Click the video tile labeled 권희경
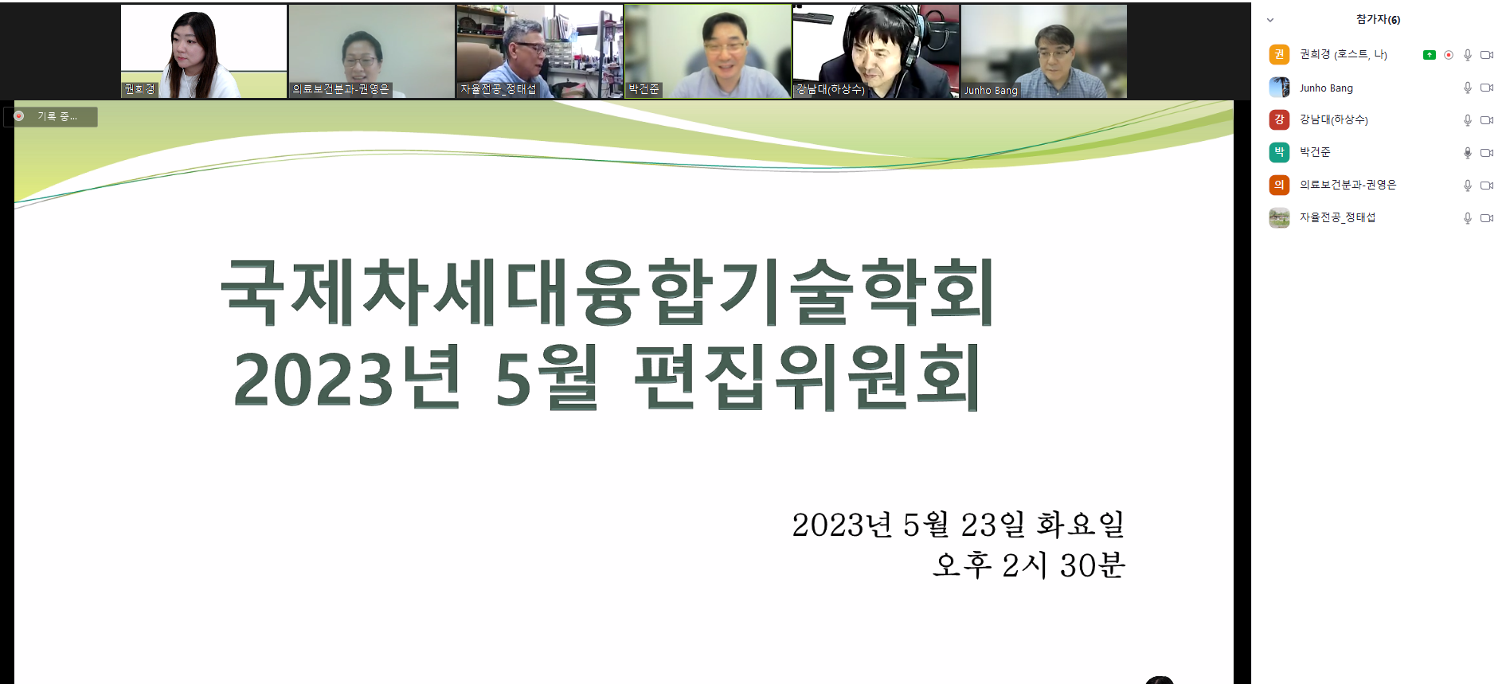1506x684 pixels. pyautogui.click(x=204, y=51)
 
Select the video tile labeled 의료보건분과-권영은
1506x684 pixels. pyautogui.click(x=371, y=51)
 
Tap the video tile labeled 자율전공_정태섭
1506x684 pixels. pyautogui.click(x=539, y=51)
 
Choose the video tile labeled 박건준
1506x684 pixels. pyautogui.click(x=708, y=51)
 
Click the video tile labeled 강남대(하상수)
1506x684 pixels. pyautogui.click(x=876, y=51)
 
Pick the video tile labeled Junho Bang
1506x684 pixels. pyautogui.click(x=1044, y=51)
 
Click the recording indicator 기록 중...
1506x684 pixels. pyautogui.click(x=51, y=116)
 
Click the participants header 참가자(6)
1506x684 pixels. pyautogui.click(x=1378, y=19)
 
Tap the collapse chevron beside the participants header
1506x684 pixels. pyautogui.click(x=1270, y=20)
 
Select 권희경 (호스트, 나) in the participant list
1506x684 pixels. pyautogui.click(x=1344, y=54)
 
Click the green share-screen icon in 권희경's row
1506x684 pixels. pyautogui.click(x=1430, y=55)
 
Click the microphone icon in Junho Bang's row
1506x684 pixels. pyautogui.click(x=1468, y=88)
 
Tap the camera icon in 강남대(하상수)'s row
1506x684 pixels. pyautogui.click(x=1487, y=120)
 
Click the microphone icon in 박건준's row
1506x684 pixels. pyautogui.click(x=1468, y=153)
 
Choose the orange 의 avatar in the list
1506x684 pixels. pyautogui.click(x=1279, y=185)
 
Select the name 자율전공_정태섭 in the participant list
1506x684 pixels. pyautogui.click(x=1338, y=217)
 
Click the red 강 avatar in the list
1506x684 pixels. pyautogui.click(x=1279, y=119)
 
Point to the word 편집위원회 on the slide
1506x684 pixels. pyautogui.click(x=808, y=377)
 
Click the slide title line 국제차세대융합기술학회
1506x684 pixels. pyautogui.click(x=608, y=292)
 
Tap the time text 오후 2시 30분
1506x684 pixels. pyautogui.click(x=1029, y=565)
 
